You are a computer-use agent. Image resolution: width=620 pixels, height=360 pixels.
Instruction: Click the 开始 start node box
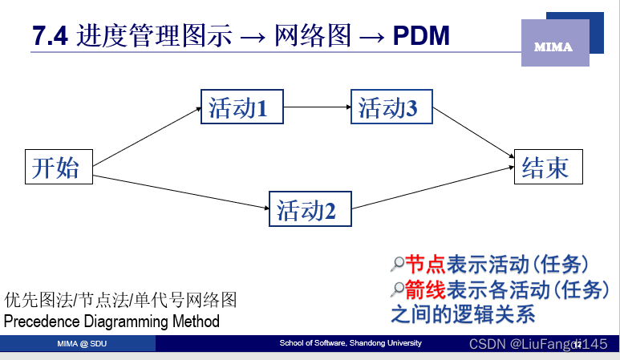[57, 167]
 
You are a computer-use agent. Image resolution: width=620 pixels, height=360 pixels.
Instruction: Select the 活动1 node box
[242, 107]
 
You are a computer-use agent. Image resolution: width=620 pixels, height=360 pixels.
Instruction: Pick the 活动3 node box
[392, 107]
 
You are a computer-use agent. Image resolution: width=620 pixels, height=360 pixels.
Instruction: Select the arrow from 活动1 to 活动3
[317, 107]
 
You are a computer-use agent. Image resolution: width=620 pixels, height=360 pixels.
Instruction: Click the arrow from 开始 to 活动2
[180, 192]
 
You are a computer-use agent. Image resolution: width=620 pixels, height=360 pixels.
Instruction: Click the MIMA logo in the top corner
[554, 47]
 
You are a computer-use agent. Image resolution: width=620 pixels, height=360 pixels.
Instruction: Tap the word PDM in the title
[421, 36]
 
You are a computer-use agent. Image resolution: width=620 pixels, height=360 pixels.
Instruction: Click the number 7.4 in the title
[51, 36]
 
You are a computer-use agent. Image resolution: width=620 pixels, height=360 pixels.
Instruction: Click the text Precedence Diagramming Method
[111, 322]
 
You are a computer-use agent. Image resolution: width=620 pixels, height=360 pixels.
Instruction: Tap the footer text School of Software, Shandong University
[350, 343]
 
